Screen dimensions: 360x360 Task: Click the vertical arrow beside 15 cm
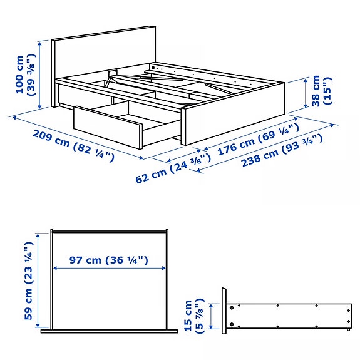pos(213,316)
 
